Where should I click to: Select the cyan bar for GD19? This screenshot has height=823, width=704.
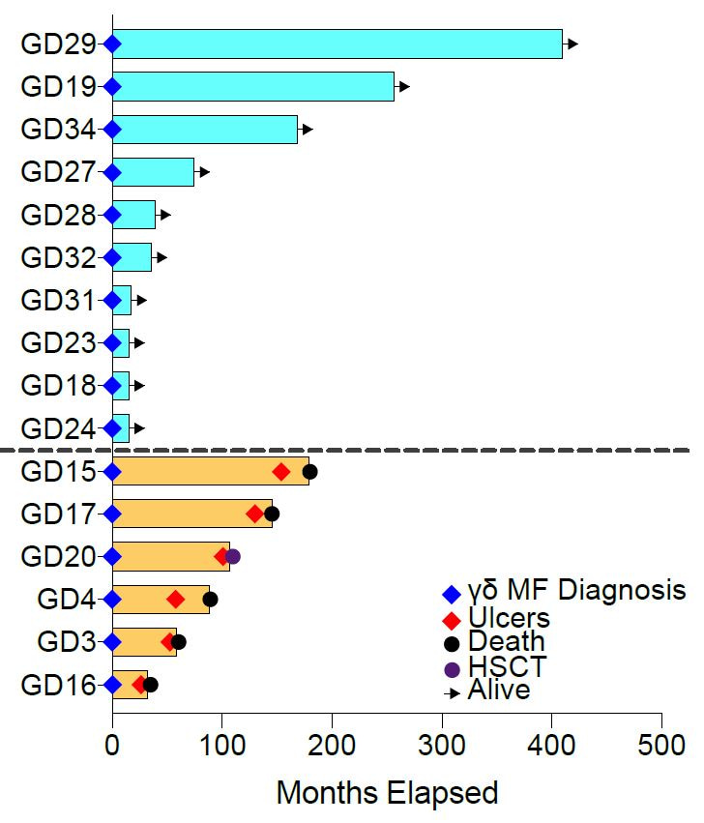click(252, 87)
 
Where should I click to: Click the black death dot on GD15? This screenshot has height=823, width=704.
click(309, 472)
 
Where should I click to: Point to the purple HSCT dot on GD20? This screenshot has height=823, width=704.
click(232, 556)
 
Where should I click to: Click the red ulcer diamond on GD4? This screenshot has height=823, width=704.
click(175, 600)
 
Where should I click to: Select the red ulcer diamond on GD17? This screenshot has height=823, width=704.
click(255, 514)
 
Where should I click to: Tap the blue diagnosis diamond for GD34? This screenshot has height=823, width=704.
click(112, 130)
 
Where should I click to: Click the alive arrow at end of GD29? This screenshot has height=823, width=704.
click(572, 44)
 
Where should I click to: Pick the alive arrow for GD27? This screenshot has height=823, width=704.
click(203, 172)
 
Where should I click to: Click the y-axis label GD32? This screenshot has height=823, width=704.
click(58, 258)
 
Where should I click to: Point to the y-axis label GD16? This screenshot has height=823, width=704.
click(58, 686)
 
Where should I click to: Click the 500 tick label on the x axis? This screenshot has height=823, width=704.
click(661, 746)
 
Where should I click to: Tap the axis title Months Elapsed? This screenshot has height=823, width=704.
click(387, 793)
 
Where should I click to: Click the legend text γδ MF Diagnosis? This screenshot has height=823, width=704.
click(576, 590)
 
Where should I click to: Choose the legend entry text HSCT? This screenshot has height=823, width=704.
click(507, 666)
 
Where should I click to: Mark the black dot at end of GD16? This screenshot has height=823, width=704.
click(150, 685)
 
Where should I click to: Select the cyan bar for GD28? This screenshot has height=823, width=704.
click(133, 215)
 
